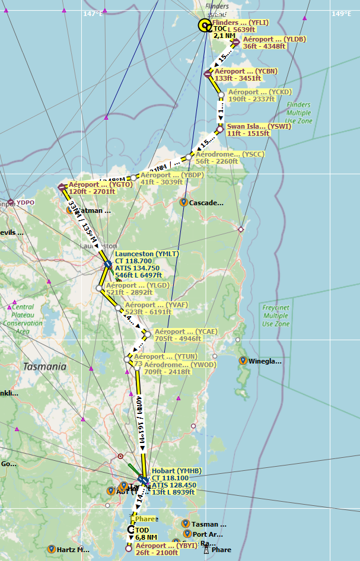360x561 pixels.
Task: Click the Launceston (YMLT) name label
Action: point(146,254)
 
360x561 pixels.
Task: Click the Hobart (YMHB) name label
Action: point(177,471)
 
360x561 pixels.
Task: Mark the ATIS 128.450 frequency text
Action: point(174,485)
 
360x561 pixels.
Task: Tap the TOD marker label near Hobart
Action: point(142,530)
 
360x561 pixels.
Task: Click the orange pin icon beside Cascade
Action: point(184,202)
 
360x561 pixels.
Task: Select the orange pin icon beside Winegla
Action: point(243,360)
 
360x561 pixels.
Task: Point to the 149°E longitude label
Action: point(342,14)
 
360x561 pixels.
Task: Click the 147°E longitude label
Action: point(93,14)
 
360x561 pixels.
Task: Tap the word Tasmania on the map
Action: point(44,366)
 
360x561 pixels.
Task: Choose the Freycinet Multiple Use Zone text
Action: point(275,316)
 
